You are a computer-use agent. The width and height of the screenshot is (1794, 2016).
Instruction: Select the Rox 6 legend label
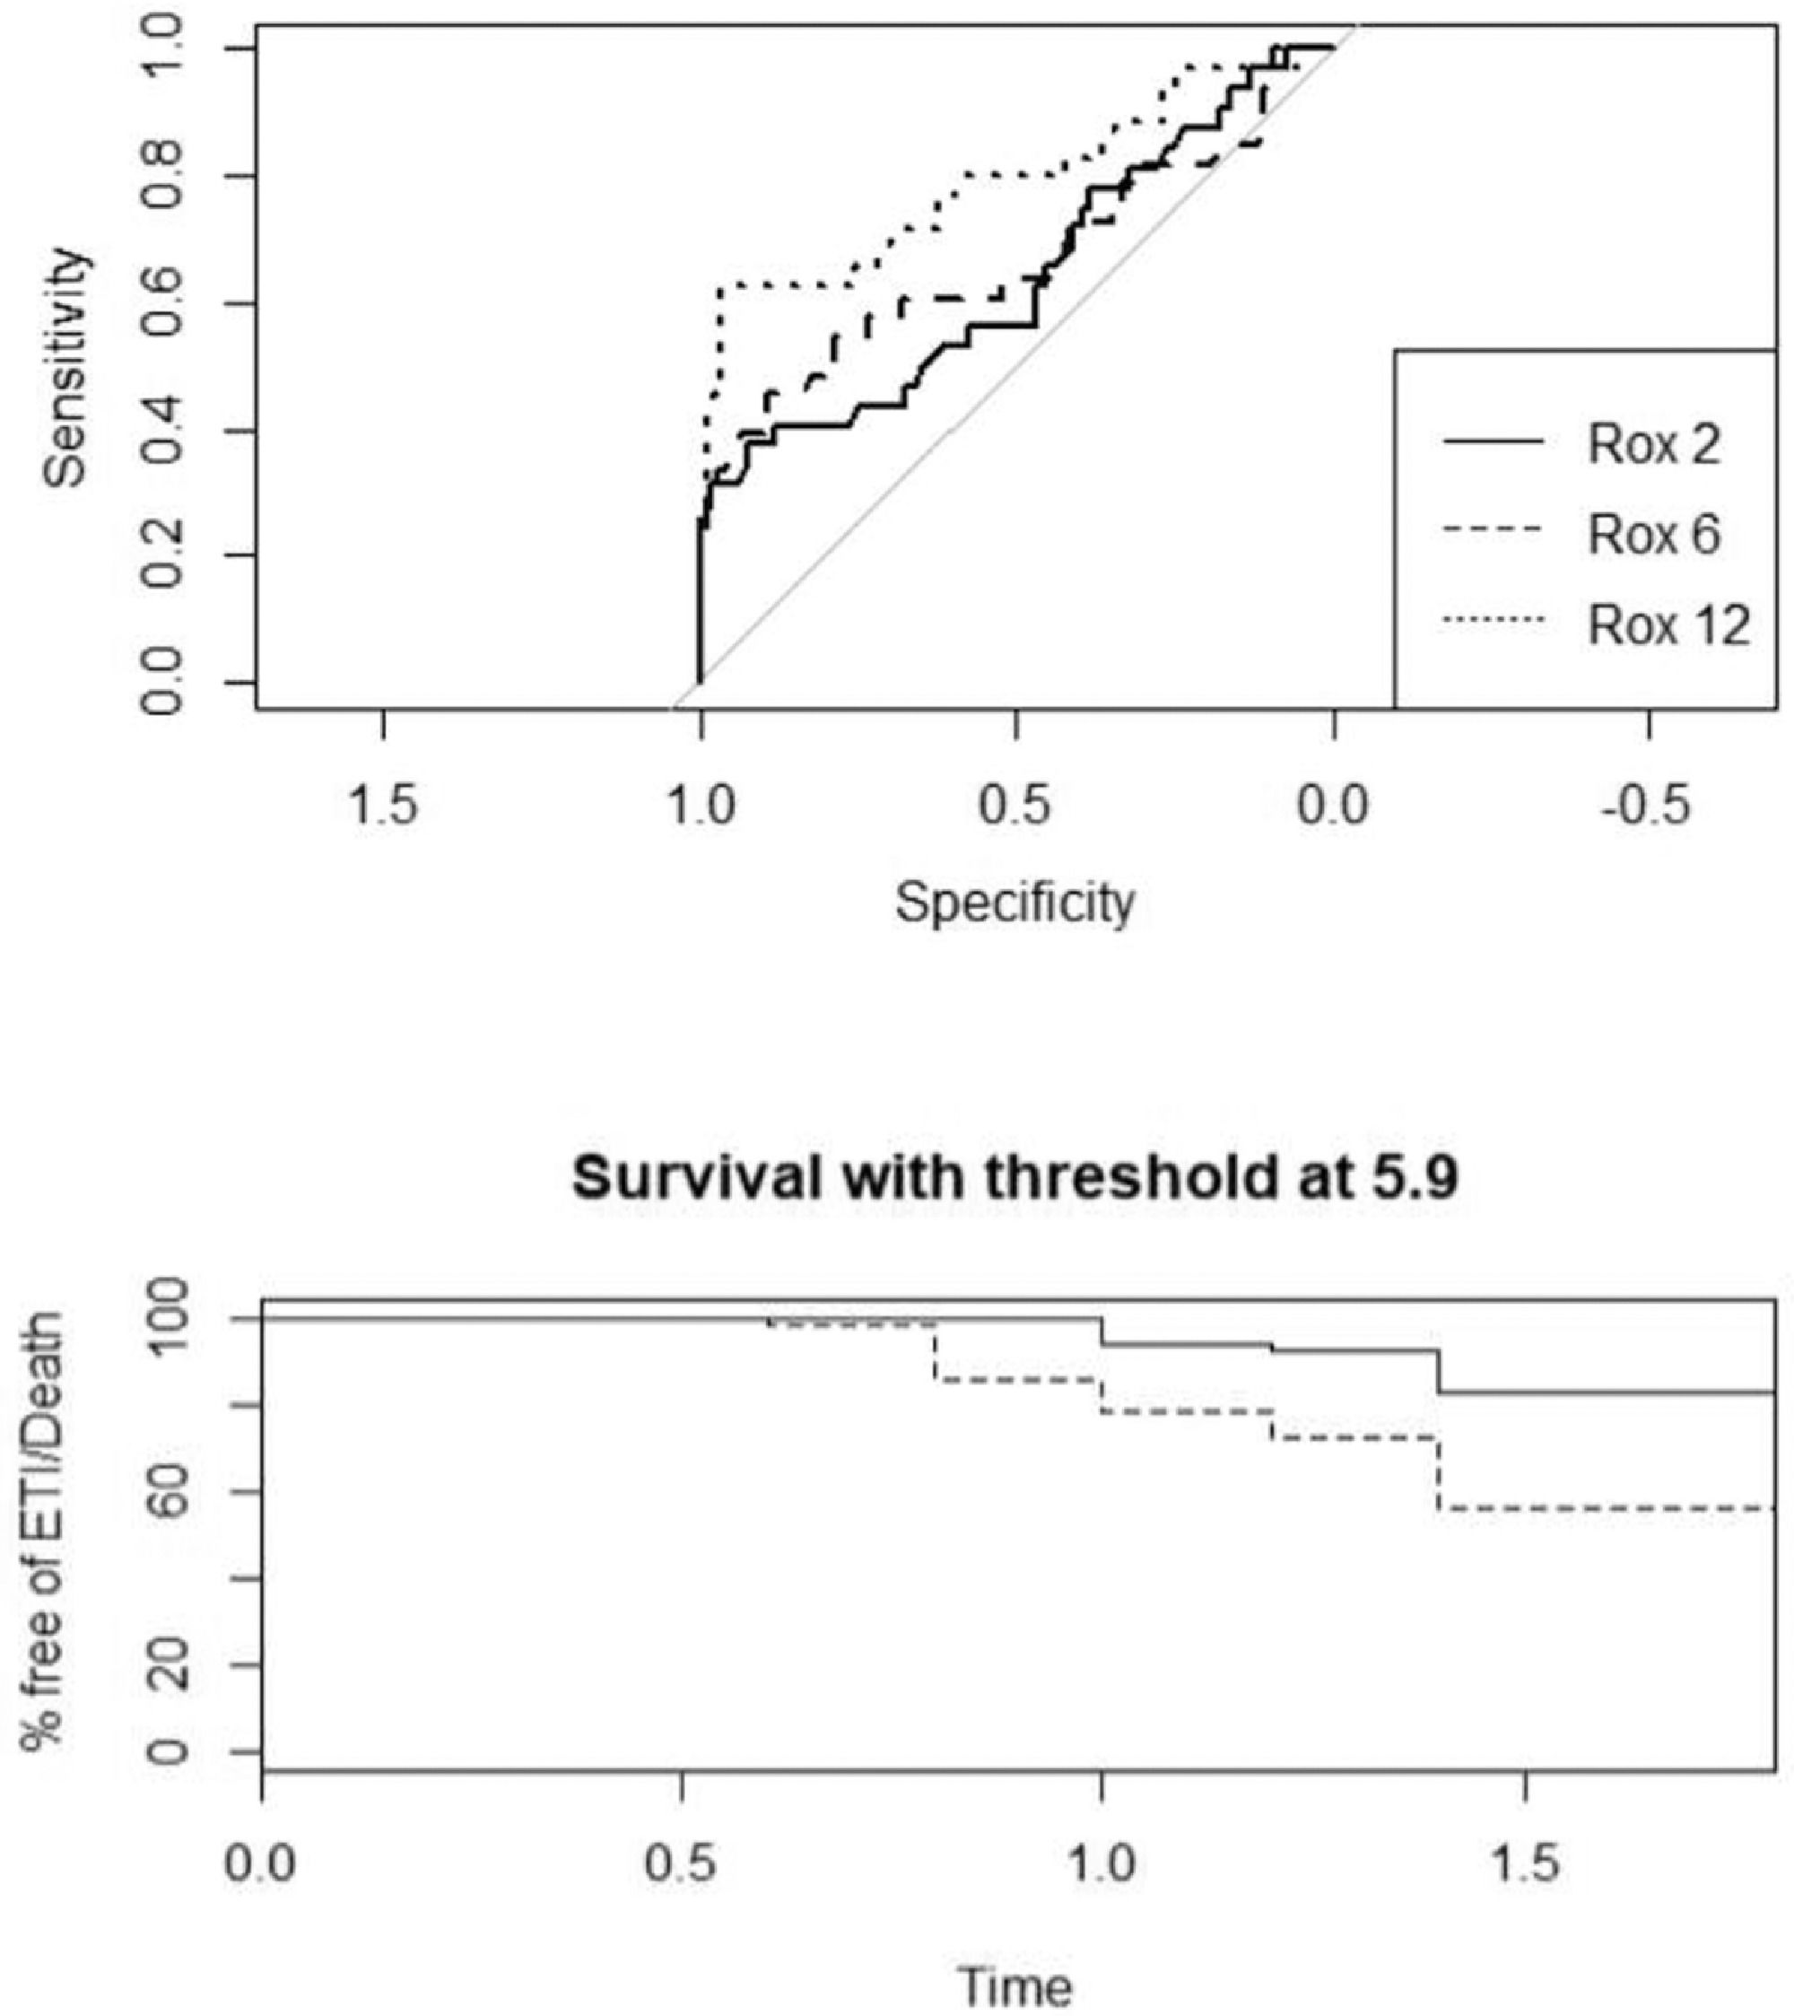(1653, 535)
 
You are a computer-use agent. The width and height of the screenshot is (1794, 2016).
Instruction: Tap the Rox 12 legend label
(1668, 625)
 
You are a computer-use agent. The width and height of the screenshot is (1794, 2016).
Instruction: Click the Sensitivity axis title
(66, 367)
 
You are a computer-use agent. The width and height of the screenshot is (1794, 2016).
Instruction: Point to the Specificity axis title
(1015, 902)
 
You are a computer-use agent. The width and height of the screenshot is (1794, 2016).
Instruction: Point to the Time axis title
(1015, 1986)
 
